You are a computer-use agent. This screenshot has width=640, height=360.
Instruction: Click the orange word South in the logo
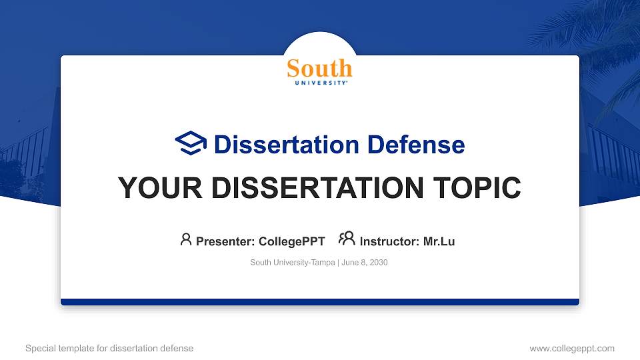point(319,69)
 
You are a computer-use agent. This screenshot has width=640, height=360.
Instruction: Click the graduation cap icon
point(191,143)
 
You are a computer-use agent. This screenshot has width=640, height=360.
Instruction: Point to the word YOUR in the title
point(154,188)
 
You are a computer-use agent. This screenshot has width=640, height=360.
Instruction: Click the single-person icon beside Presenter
point(186,239)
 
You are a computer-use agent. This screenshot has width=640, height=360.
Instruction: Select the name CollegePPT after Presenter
point(292,241)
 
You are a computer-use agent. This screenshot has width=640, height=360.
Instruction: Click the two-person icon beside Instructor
point(347,239)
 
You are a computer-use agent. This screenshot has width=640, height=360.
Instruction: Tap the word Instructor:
point(389,241)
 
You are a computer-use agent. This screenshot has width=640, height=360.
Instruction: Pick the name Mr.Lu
point(439,241)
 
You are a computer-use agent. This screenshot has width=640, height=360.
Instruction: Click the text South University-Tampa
point(293,263)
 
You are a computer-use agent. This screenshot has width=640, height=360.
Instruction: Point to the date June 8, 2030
point(365,263)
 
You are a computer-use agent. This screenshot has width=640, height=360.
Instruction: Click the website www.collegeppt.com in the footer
point(571,348)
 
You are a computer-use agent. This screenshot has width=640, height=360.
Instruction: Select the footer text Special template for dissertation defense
point(109,348)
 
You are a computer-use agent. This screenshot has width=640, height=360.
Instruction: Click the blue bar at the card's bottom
point(320,302)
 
